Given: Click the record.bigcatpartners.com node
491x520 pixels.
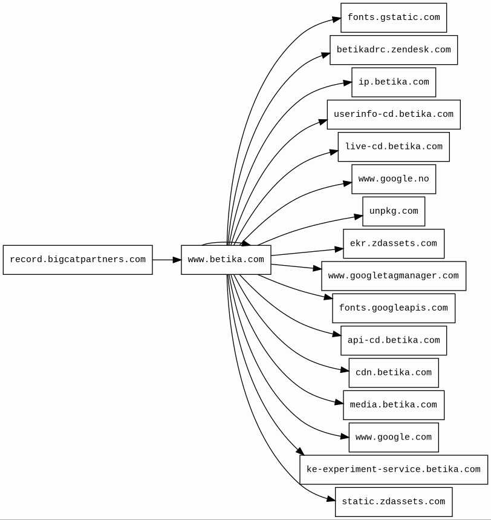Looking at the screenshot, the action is [78, 260].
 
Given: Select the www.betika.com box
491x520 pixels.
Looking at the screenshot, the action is [226, 260].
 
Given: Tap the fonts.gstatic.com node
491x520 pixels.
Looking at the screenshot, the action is [394, 18].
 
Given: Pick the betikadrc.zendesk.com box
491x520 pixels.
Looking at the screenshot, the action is [394, 50].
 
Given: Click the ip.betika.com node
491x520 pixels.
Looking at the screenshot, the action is [394, 82].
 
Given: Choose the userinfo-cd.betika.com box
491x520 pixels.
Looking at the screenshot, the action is [394, 114].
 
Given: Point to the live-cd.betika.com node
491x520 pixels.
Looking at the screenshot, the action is [394, 147].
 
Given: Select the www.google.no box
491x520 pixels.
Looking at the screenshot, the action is [394, 179].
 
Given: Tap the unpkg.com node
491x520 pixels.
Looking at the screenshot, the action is [394, 211].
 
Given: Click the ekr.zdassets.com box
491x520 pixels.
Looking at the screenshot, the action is [394, 243].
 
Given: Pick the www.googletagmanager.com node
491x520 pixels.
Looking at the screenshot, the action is [394, 276].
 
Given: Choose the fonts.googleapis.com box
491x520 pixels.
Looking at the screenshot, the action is [394, 308].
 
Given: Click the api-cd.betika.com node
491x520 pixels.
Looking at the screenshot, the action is [394, 341].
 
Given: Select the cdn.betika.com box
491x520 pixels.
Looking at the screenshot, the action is [394, 373].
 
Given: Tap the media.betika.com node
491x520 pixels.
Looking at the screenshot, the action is [394, 405].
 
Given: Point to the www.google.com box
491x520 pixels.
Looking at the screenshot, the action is [394, 438].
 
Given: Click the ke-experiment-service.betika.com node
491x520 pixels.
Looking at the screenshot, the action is [394, 470].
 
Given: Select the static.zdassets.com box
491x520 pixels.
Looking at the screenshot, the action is [394, 502].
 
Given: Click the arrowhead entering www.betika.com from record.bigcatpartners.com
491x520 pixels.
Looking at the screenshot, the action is [177, 260].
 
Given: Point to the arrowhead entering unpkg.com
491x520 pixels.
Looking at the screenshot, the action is [359, 217].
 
